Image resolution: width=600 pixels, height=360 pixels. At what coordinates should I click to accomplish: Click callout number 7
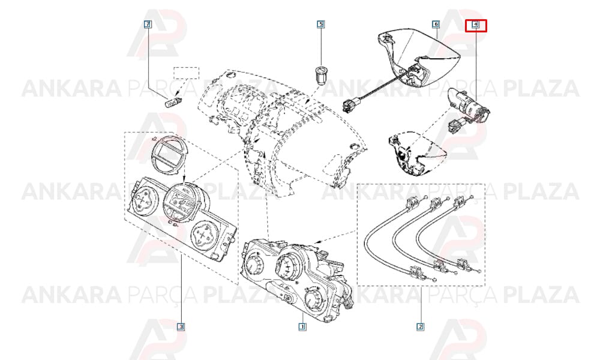point(148,25)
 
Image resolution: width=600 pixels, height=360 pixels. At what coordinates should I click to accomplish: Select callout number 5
point(320,24)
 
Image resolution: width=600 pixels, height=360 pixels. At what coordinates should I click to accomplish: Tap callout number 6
point(436,24)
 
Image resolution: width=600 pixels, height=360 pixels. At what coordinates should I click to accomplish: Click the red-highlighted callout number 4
point(475,25)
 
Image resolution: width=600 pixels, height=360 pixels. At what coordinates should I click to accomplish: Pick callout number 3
point(181,326)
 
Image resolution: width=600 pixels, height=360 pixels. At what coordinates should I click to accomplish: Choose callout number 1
point(302,326)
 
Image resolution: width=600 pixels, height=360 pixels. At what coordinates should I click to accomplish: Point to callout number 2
point(420,326)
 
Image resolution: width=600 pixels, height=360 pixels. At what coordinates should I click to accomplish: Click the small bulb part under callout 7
point(173,103)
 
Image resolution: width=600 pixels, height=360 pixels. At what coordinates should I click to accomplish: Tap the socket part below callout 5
point(320,74)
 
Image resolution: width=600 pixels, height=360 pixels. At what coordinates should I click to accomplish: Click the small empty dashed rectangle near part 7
point(187,73)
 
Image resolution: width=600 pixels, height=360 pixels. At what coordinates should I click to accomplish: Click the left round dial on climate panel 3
point(142,198)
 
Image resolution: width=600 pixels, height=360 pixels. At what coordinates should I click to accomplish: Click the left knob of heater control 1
point(254,264)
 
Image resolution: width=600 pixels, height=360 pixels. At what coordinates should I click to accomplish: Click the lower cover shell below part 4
point(417,152)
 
